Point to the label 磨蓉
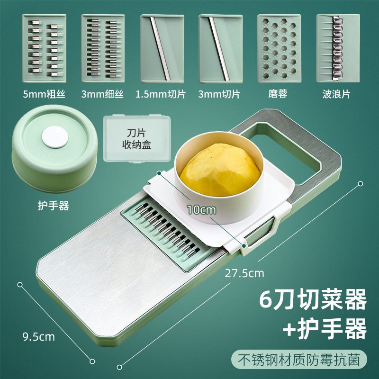click(x=279, y=94)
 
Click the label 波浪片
click(x=338, y=94)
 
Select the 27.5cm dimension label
click(x=245, y=273)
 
